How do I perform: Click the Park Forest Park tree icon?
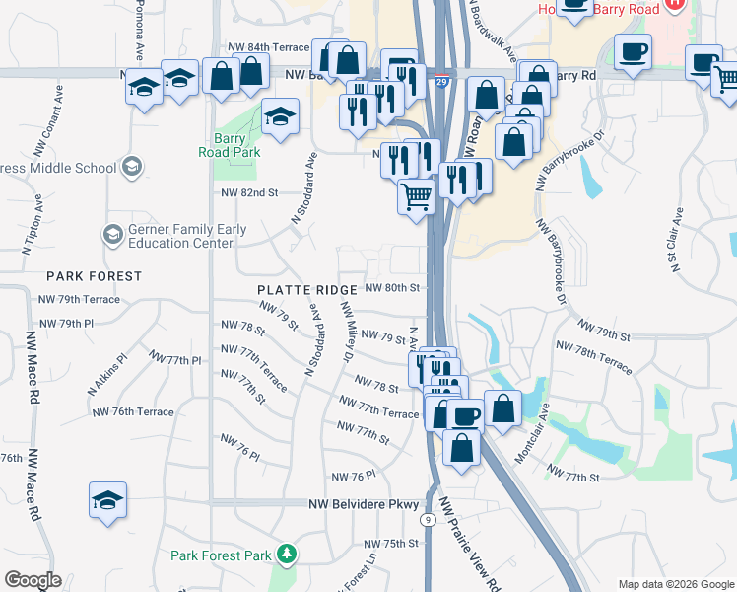[x=286, y=555]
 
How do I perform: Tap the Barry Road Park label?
[x=231, y=145]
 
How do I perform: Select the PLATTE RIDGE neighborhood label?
[x=306, y=290]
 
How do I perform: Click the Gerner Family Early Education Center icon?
[x=112, y=235]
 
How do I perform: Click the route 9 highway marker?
[x=428, y=519]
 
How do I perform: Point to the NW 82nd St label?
[x=250, y=192]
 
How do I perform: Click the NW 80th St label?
[x=393, y=288]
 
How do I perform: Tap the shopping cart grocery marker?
[x=417, y=196]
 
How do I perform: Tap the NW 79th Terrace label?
[x=79, y=299]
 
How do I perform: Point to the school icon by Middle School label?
[x=131, y=167]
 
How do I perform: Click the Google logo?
[x=33, y=580]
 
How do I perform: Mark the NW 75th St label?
[x=391, y=544]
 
